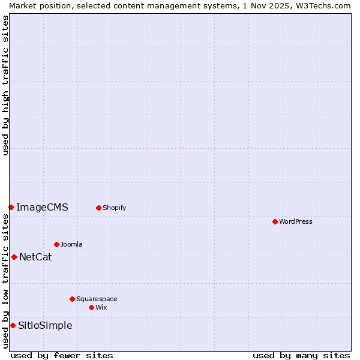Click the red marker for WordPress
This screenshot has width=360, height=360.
tap(275, 221)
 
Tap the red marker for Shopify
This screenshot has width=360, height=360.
tap(98, 208)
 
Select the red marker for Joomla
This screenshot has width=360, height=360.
tap(56, 244)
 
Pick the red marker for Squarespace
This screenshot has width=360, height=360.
tap(72, 299)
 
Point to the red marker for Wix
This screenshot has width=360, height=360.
tap(91, 307)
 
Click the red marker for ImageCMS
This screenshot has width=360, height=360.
tap(11, 207)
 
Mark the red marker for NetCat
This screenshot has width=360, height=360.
tap(14, 257)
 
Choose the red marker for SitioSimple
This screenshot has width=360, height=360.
tap(13, 325)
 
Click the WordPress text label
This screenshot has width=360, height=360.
tap(296, 222)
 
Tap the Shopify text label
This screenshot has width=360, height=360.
tap(114, 208)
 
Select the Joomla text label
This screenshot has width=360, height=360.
tap(71, 245)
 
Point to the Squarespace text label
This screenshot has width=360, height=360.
tap(97, 299)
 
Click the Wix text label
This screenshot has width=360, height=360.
tap(101, 308)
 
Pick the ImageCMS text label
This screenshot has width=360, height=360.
tap(42, 208)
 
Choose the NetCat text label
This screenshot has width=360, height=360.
tap(35, 257)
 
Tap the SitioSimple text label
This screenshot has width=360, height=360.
tap(45, 326)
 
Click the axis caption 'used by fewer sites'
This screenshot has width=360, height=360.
tap(62, 355)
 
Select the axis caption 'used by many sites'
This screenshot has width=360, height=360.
tap(301, 355)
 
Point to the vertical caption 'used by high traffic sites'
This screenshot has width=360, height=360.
tap(6, 85)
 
